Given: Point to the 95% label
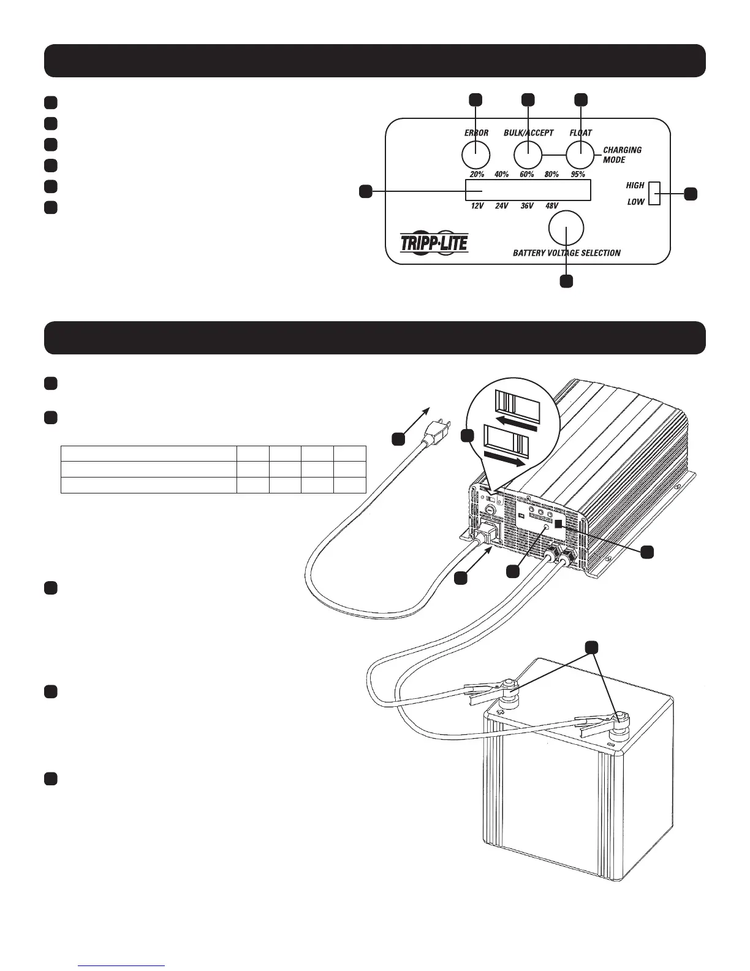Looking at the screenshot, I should (x=578, y=175).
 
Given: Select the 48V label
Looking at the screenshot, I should (x=551, y=206).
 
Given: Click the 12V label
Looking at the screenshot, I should (x=477, y=206).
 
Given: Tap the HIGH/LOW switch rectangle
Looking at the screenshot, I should (x=654, y=193).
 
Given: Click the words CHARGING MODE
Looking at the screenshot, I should (x=622, y=155).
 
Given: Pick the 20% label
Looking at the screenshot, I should (x=477, y=175).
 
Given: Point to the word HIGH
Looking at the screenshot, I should (x=635, y=185).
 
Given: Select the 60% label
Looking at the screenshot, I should (x=527, y=175).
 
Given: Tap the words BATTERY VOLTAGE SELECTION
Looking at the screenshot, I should (x=566, y=253).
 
